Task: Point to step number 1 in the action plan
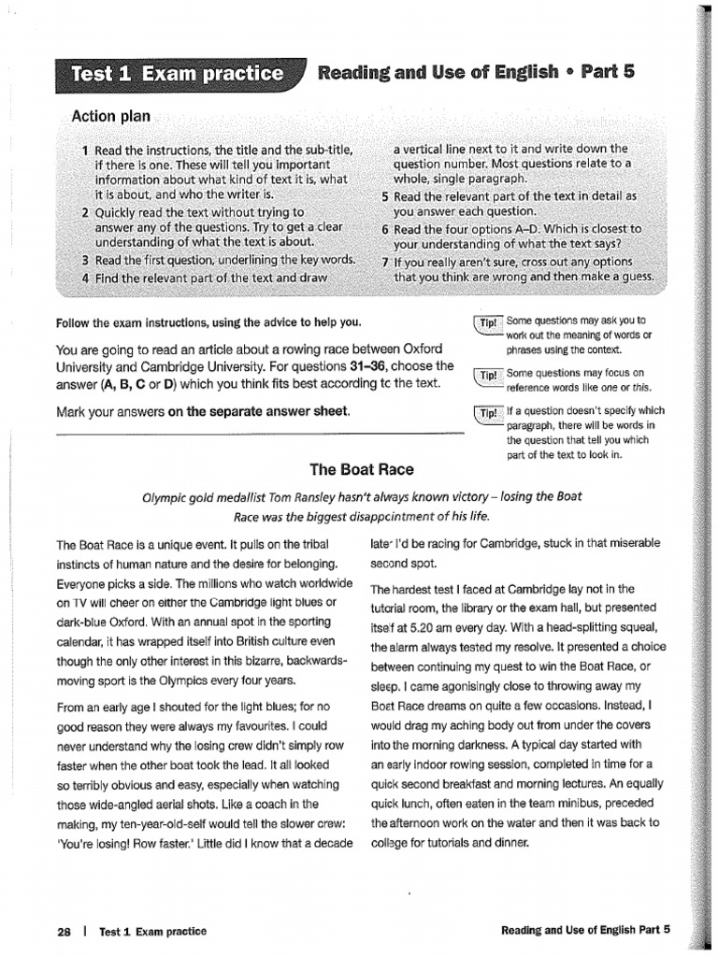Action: click(x=85, y=150)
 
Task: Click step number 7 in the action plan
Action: click(x=385, y=261)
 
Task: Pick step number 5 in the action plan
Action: click(x=385, y=197)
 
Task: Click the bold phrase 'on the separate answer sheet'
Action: click(x=259, y=411)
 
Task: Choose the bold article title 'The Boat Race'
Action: click(x=361, y=469)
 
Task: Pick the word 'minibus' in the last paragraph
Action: click(x=572, y=805)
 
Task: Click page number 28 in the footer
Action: click(x=65, y=931)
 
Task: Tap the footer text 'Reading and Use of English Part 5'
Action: click(x=586, y=931)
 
